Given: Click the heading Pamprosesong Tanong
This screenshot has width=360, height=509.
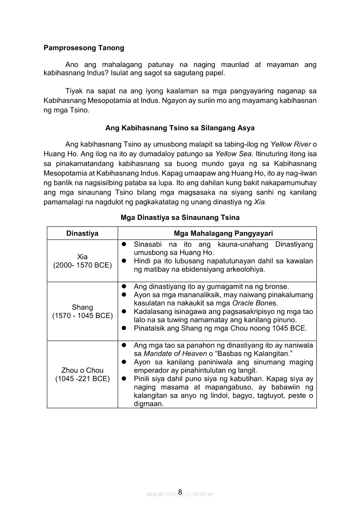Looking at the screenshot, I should point(84,48).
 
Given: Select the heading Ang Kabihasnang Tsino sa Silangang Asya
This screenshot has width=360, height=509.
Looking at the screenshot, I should point(180,128).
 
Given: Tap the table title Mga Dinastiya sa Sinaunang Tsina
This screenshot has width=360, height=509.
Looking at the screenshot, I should point(180,217).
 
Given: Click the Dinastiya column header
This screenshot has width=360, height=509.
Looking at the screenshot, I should point(82,233).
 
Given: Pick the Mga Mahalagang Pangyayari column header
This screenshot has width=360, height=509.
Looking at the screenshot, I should point(217,233).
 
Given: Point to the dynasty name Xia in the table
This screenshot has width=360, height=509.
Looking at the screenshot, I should point(82,257).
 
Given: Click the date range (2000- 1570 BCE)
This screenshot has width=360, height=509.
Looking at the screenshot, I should point(82,265).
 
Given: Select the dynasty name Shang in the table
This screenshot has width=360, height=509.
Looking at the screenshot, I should point(82,307).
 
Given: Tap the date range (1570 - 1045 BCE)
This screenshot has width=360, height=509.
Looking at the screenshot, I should point(82,316).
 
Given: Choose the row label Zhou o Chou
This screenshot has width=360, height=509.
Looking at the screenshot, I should point(82,371).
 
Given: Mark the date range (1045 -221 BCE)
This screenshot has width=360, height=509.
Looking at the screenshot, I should point(82,379).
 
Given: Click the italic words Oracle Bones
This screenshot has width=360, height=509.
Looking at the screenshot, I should point(258,303).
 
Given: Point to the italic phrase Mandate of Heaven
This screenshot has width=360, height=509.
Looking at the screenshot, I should point(169,354).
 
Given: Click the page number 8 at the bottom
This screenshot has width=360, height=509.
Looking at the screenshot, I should point(180,492).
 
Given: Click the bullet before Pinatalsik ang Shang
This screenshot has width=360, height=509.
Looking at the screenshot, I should point(124,328).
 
